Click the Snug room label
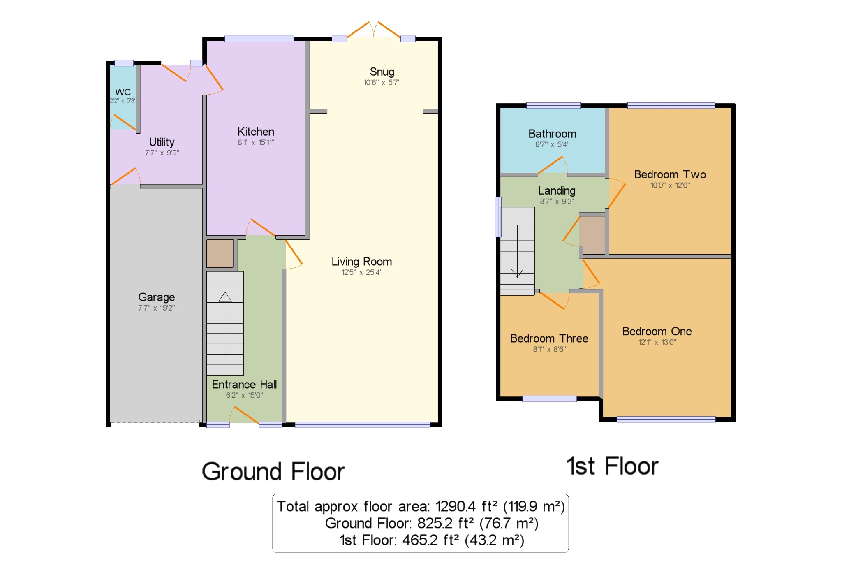[x=382, y=72]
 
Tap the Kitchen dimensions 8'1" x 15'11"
[x=256, y=143]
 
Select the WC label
[x=123, y=92]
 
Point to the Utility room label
[x=162, y=142]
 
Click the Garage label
[x=156, y=297]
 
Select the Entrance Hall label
[x=244, y=385]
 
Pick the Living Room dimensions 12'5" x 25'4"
[x=362, y=272]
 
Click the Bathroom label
[x=552, y=134]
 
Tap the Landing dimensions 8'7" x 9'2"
[x=557, y=202]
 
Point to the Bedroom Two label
[x=670, y=174]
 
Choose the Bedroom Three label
[x=549, y=338]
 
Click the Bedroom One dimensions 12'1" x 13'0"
[x=657, y=342]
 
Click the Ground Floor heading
[x=273, y=471]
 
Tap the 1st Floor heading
[x=612, y=466]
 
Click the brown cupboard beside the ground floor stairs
[x=220, y=254]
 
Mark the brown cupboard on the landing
[x=592, y=235]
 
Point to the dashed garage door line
[x=155, y=421]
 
